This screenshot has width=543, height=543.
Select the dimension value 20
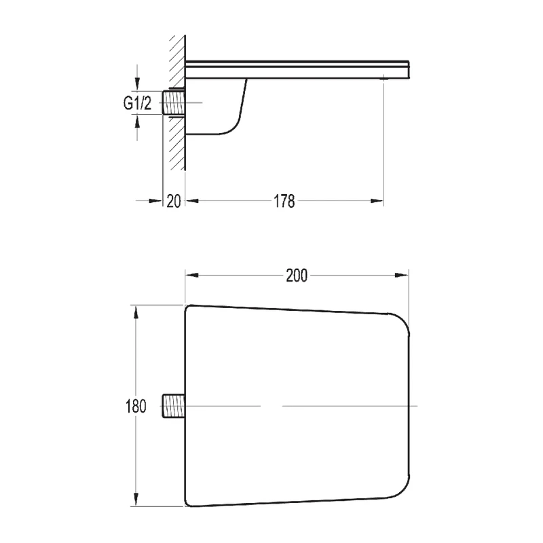click(x=174, y=202)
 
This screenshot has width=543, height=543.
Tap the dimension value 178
click(x=284, y=202)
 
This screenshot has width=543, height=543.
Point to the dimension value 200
click(x=297, y=275)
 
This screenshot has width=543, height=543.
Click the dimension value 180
click(x=135, y=407)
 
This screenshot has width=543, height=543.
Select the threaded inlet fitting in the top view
click(x=174, y=406)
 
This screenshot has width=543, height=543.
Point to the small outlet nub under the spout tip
click(x=384, y=79)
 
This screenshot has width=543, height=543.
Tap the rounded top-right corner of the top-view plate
click(x=400, y=322)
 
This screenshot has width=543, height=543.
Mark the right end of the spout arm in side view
click(x=408, y=69)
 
